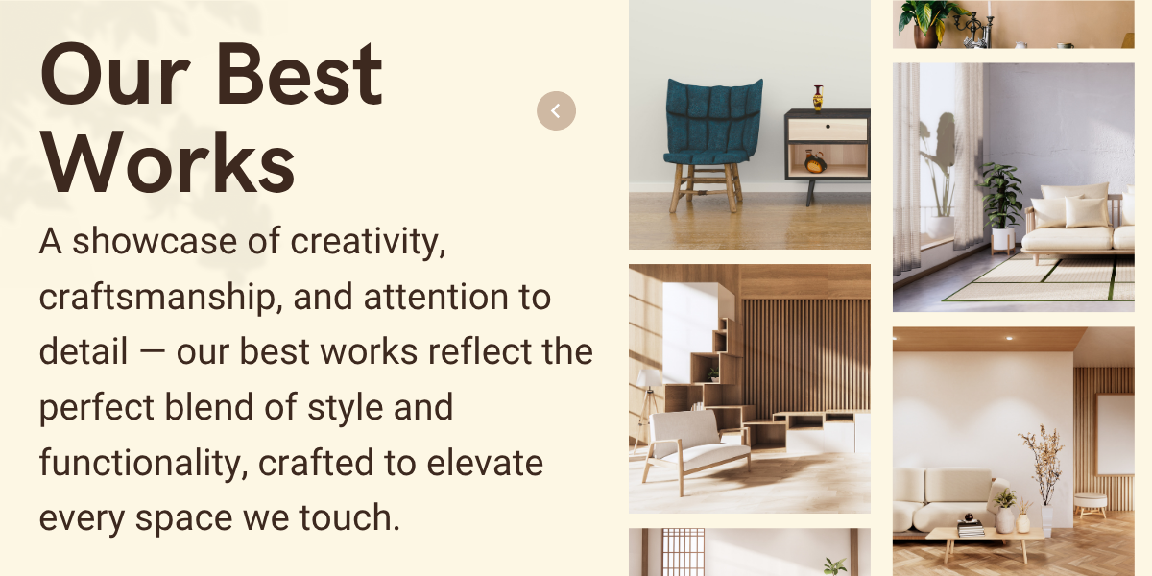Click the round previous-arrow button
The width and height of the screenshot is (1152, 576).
(x=556, y=110)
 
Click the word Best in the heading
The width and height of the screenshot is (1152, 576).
(x=300, y=74)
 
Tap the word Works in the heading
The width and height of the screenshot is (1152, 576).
(x=168, y=162)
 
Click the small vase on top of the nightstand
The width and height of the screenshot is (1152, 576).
(x=818, y=98)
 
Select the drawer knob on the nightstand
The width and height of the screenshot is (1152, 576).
(x=828, y=127)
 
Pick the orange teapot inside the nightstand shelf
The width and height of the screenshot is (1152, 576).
(x=815, y=162)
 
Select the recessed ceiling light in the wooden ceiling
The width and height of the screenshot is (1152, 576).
(x=1009, y=338)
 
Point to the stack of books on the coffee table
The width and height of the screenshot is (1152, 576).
(x=971, y=528)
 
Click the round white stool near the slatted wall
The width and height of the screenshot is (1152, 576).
(x=1091, y=505)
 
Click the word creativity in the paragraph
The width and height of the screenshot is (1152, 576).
(x=367, y=242)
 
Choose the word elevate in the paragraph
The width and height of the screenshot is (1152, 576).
(x=485, y=463)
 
